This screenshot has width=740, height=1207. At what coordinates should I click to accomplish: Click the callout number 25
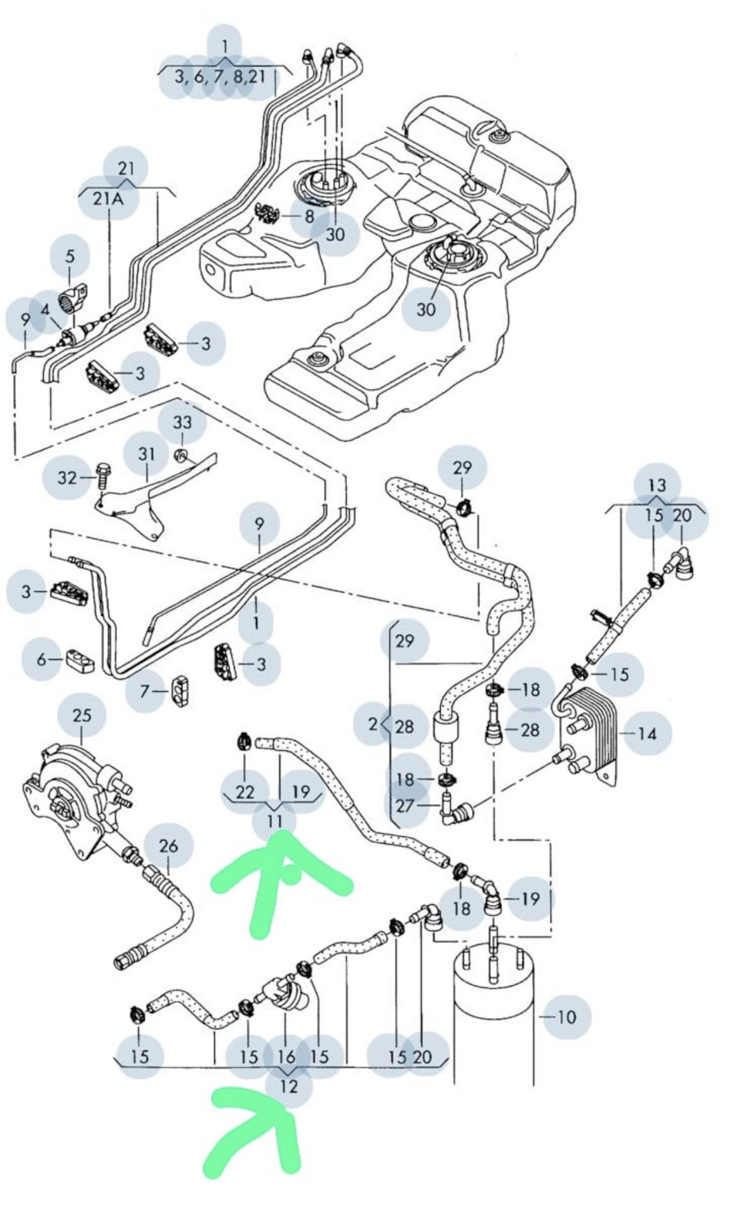tap(82, 714)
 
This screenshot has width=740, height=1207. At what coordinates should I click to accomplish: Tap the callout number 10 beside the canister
tap(566, 1017)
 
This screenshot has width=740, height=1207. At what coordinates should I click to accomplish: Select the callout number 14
tap(647, 733)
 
